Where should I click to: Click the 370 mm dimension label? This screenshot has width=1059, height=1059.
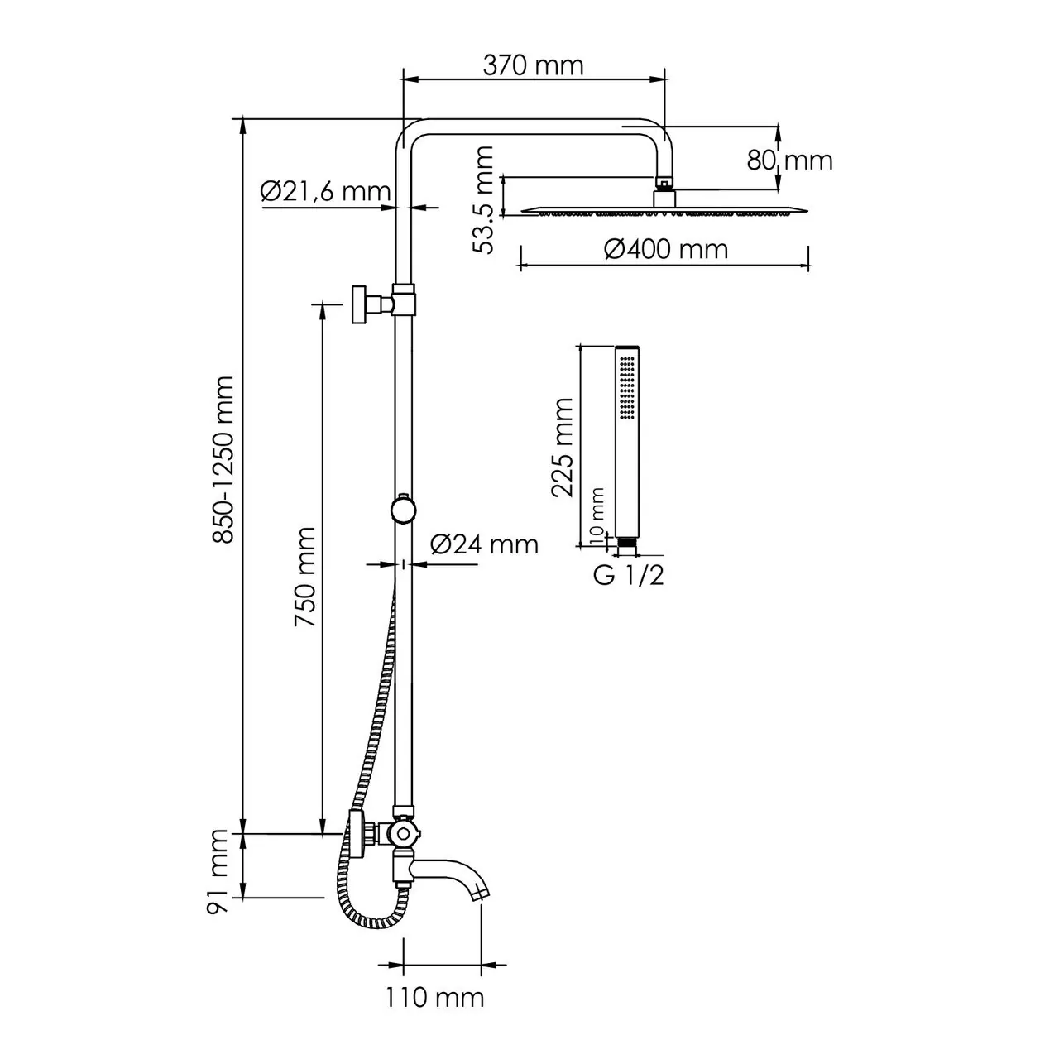point(533,65)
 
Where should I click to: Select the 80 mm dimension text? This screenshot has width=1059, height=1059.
point(789,160)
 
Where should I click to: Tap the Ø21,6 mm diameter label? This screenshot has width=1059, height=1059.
point(324,192)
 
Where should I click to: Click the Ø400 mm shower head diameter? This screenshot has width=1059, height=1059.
point(665,248)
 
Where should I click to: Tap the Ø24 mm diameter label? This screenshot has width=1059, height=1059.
point(484,544)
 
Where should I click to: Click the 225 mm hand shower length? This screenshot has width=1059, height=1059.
point(563,447)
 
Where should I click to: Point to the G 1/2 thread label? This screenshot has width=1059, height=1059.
point(628,576)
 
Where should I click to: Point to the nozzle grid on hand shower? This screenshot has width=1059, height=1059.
point(628,385)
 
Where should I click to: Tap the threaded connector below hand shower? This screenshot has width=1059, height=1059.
point(628,544)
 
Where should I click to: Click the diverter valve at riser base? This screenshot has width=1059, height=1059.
point(402,832)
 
